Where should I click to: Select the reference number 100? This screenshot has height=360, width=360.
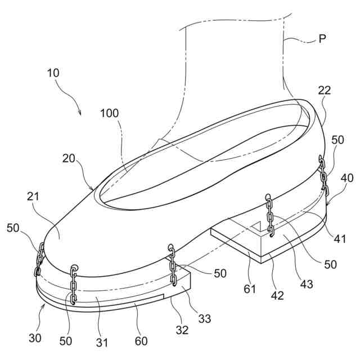110,113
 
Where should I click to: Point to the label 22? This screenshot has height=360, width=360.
324,91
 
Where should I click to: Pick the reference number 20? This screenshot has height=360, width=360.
69,160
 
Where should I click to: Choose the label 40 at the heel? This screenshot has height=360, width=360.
347,179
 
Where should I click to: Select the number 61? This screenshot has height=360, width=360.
250,290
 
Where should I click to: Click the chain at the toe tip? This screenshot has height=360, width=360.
39,259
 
